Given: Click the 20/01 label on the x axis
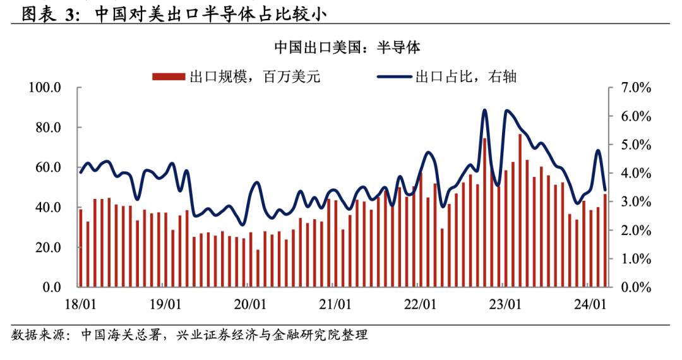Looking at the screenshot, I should click(249, 304).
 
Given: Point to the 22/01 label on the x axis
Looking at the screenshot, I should click(420, 304).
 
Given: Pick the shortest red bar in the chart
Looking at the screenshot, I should click(258, 268).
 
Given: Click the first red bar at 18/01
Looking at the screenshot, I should click(80, 248).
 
